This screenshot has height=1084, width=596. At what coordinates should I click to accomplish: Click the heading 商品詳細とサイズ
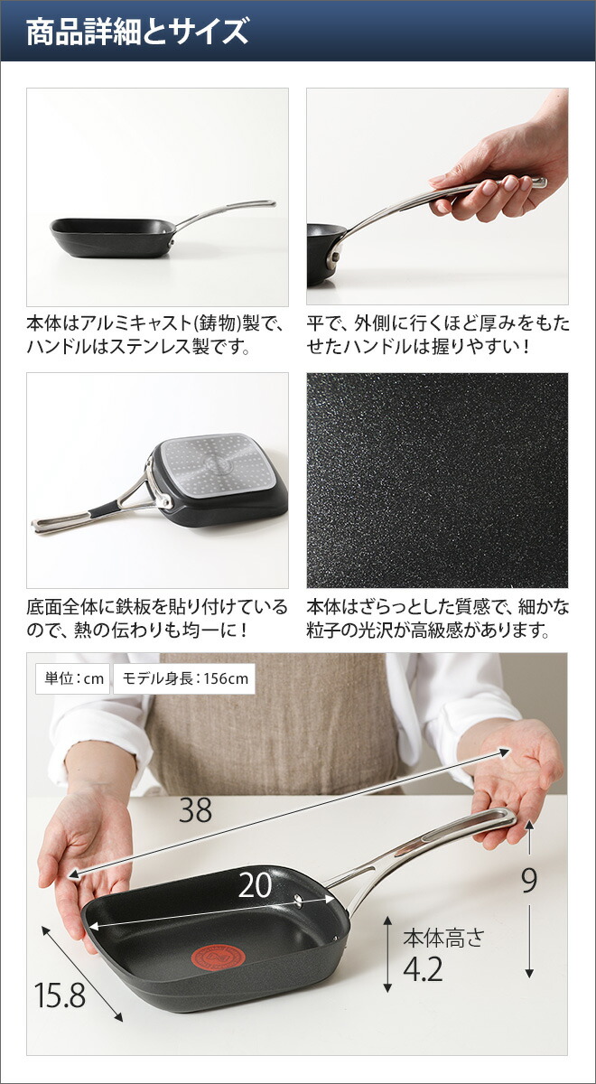[137, 33]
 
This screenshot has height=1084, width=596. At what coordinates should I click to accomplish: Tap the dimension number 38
[195, 811]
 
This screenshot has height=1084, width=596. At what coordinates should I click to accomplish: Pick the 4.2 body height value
[423, 969]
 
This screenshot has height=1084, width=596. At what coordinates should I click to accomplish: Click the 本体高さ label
[443, 936]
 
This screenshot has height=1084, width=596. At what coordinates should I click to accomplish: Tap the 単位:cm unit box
[70, 679]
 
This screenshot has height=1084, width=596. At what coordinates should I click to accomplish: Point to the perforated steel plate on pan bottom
[213, 466]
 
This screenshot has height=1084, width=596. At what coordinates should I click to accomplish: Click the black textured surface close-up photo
[437, 480]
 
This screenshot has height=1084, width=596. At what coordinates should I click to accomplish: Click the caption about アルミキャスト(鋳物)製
[156, 333]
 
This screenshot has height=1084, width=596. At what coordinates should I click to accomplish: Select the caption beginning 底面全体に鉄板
[157, 618]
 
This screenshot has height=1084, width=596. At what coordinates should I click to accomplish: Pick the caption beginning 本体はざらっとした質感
[438, 618]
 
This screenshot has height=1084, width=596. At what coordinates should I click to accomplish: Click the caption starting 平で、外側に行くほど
[438, 333]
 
